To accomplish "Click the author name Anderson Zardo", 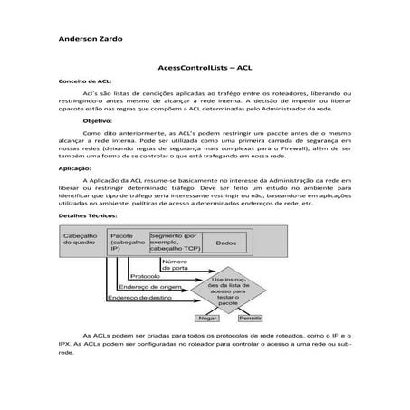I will [x=91, y=40].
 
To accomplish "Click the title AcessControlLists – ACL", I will [x=205, y=68].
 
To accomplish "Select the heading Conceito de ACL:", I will [x=84, y=81].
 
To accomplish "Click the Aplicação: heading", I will [x=74, y=168].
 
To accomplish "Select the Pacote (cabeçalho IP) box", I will [x=127, y=242].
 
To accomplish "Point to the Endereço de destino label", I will [x=137, y=297].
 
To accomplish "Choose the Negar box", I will [x=209, y=319].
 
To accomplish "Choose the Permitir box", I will [x=250, y=319].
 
